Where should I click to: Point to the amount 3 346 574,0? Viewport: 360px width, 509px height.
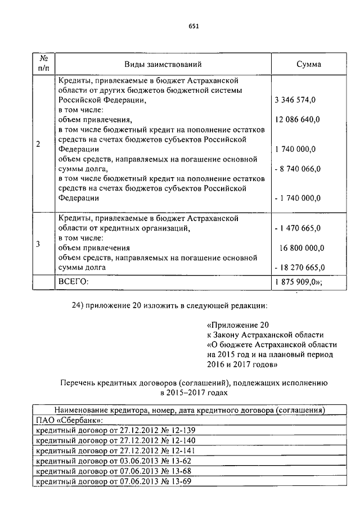[295, 100]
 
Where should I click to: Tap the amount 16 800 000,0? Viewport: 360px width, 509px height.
[301, 247]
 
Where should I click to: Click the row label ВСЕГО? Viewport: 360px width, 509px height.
[74, 281]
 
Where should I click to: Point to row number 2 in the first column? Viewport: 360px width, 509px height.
[38, 144]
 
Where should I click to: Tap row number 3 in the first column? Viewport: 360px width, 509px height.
[38, 244]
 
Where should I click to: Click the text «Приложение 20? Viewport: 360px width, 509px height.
[238, 325]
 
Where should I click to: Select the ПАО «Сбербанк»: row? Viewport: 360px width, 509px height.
[69, 420]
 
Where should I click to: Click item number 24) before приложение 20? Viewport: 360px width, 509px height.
[79, 305]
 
